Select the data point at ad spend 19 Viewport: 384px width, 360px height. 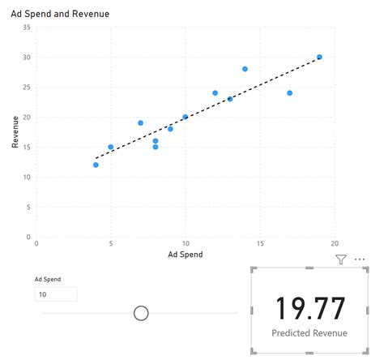click(319, 57)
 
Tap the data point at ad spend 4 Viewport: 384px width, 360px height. click(96, 165)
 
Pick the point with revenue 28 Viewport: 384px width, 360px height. click(245, 69)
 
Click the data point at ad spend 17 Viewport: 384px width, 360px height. click(289, 92)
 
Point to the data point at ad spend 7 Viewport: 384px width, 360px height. click(140, 123)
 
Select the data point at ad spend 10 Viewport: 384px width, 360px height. click(186, 117)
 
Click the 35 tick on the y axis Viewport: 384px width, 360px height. click(27, 27)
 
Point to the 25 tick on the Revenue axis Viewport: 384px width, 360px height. click(27, 87)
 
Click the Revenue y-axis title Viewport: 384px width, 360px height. click(15, 131)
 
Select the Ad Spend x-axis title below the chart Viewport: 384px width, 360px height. click(185, 254)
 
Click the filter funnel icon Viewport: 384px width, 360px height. click(340, 259)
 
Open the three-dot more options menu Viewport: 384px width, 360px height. click(360, 259)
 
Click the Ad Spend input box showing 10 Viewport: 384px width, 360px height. click(55, 294)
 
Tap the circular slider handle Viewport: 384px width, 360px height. click(141, 312)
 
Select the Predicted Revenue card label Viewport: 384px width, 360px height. click(309, 332)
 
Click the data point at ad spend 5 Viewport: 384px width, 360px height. click(111, 147)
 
